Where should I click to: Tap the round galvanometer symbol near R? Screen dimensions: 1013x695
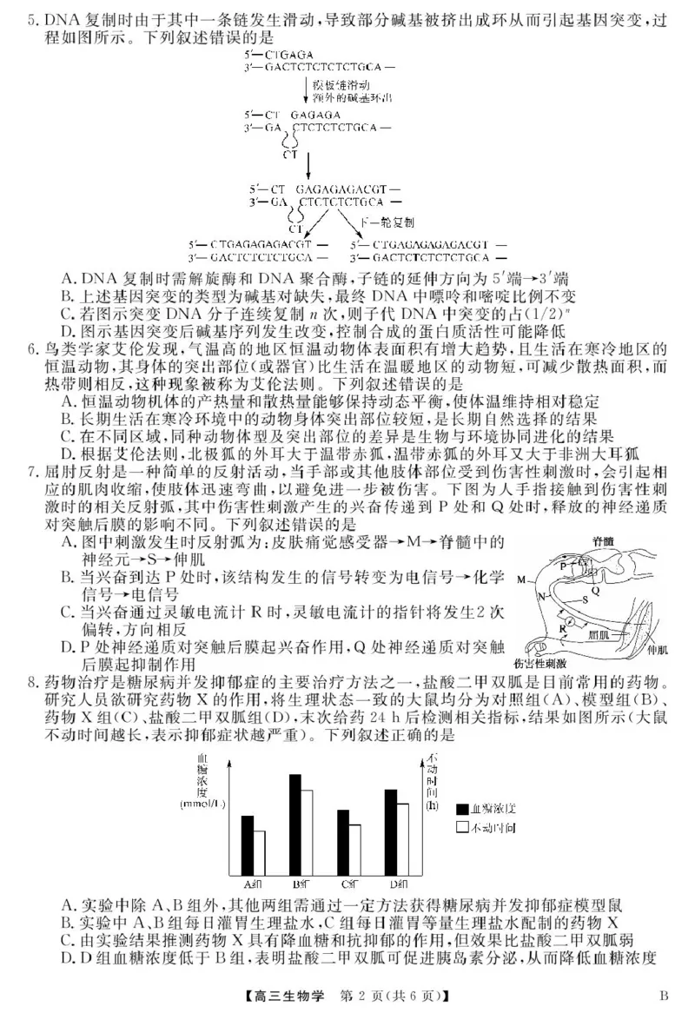click(x=568, y=622)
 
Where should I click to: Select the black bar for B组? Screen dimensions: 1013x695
click(x=295, y=825)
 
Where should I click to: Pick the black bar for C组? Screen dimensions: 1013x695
click(x=343, y=844)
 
